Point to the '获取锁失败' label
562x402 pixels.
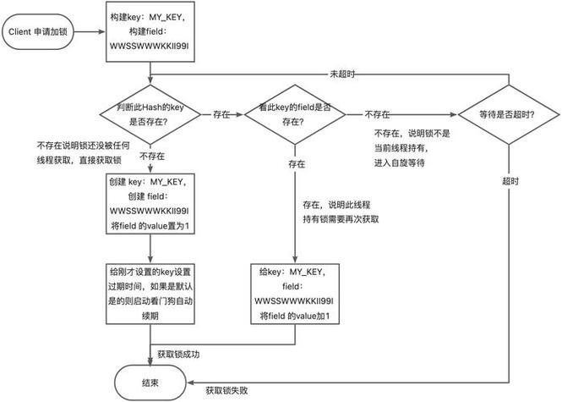pyautogui.click(x=228, y=390)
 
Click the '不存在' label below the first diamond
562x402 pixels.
pyautogui.click(x=150, y=157)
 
